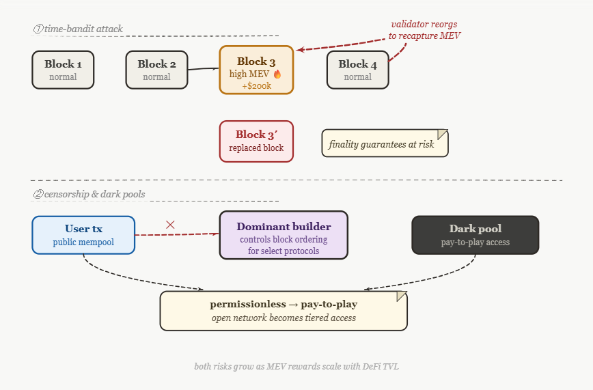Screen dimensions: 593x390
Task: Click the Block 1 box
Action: (63, 70)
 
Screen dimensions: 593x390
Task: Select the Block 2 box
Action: (156, 70)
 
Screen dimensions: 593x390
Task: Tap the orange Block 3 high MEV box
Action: (256, 70)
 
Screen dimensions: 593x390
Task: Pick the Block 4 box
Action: (358, 70)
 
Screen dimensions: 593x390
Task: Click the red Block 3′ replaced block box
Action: (256, 141)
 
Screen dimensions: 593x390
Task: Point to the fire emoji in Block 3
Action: (277, 74)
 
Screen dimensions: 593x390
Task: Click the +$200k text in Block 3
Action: (257, 86)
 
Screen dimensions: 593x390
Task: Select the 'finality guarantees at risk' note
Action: (385, 143)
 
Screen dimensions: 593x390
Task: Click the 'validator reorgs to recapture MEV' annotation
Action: (424, 30)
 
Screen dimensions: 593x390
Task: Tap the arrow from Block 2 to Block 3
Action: (204, 69)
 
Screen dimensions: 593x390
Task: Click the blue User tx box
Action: (83, 235)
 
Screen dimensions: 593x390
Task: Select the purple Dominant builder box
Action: (284, 235)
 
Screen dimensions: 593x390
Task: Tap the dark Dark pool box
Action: (475, 235)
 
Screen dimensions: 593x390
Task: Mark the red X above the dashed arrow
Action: (170, 225)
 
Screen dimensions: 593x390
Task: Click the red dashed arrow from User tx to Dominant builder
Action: (177, 234)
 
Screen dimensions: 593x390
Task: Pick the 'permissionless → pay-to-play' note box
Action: (284, 311)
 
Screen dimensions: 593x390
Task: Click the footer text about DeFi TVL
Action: (296, 366)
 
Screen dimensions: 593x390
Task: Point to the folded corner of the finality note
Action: (443, 135)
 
